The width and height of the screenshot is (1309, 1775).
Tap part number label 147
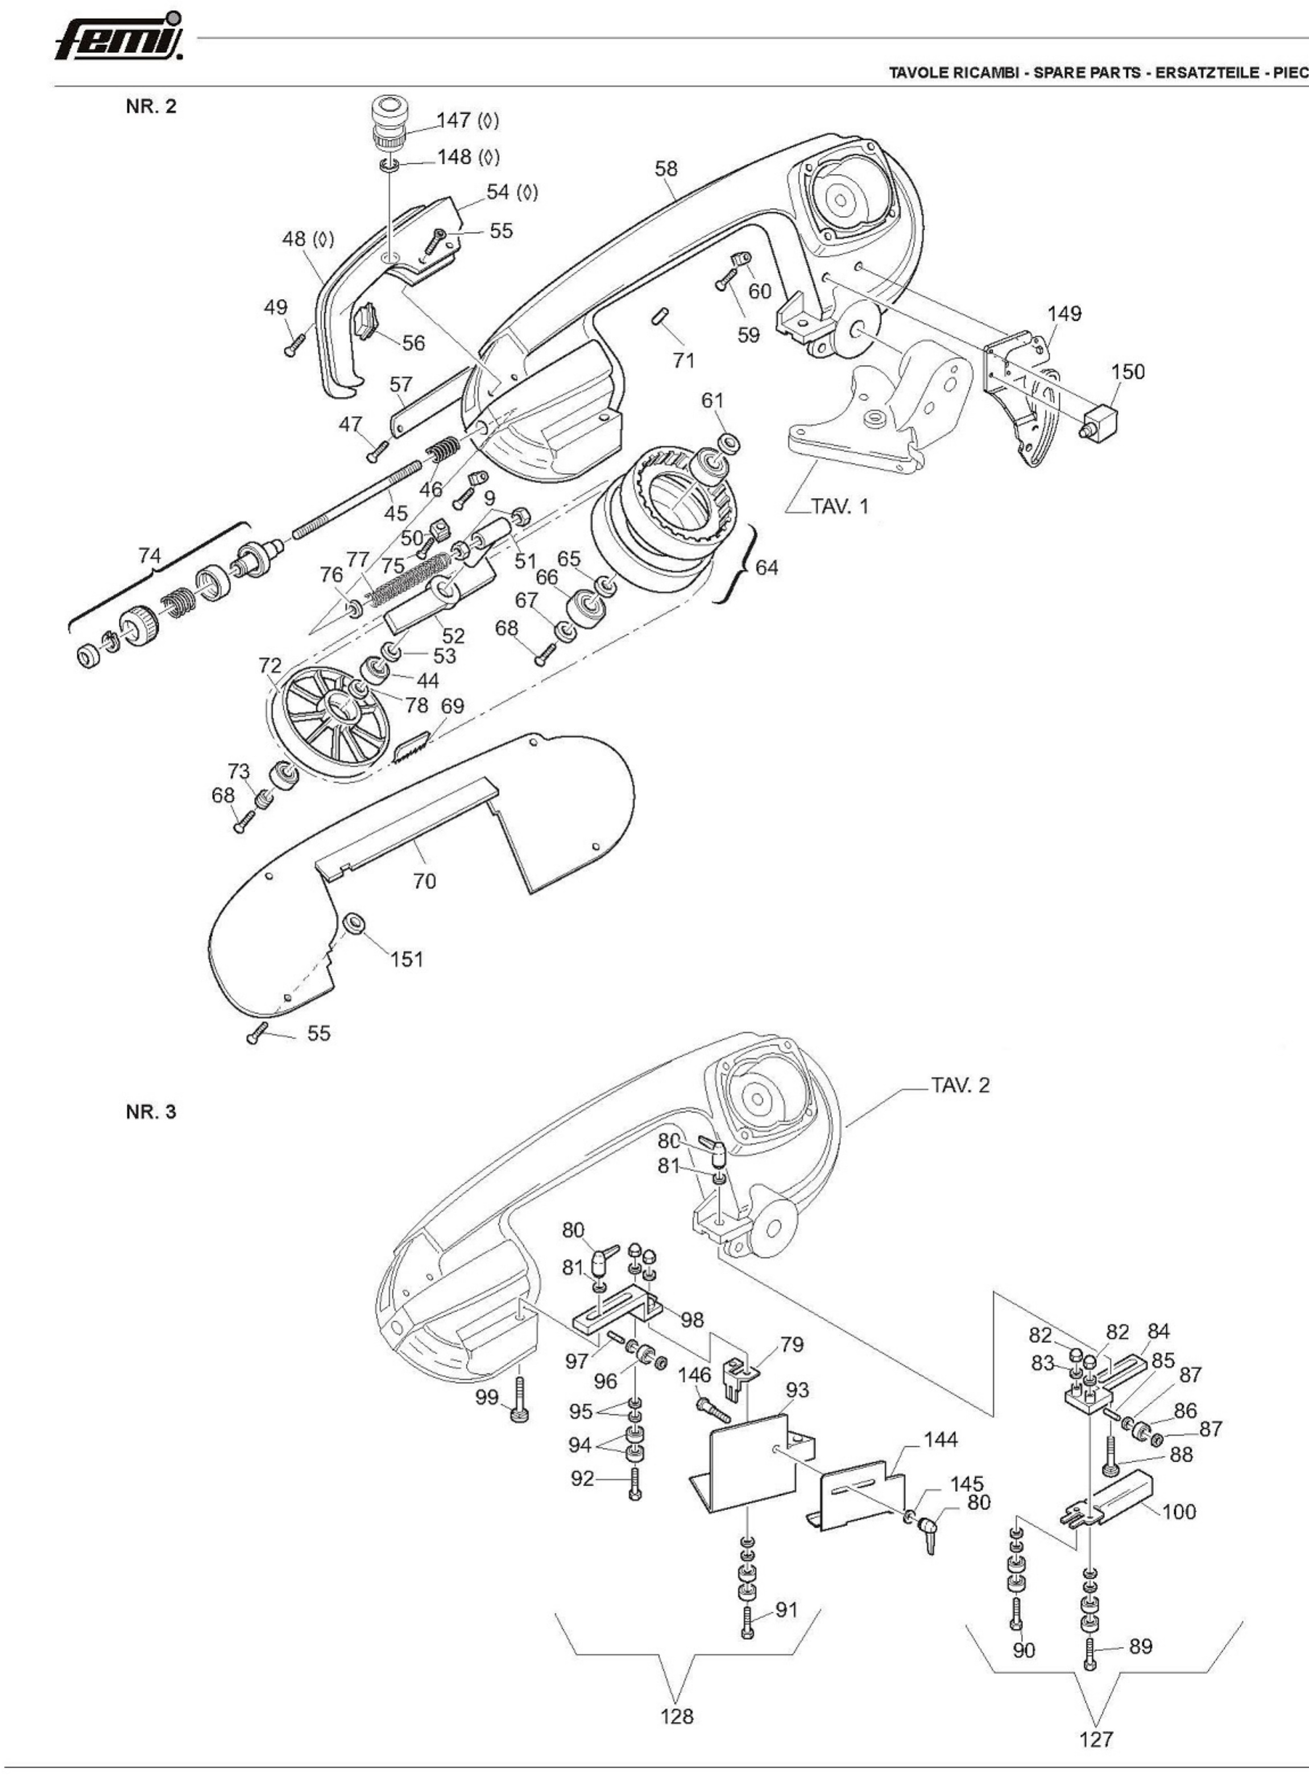click(x=454, y=121)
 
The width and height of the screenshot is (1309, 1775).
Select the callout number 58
click(x=666, y=169)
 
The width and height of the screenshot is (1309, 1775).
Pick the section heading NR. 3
click(x=151, y=1112)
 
